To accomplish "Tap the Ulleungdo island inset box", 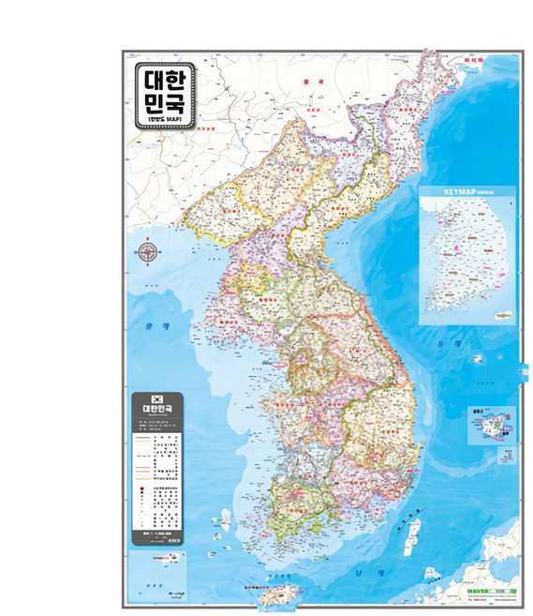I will (490, 424).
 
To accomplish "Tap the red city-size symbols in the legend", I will (143, 497).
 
